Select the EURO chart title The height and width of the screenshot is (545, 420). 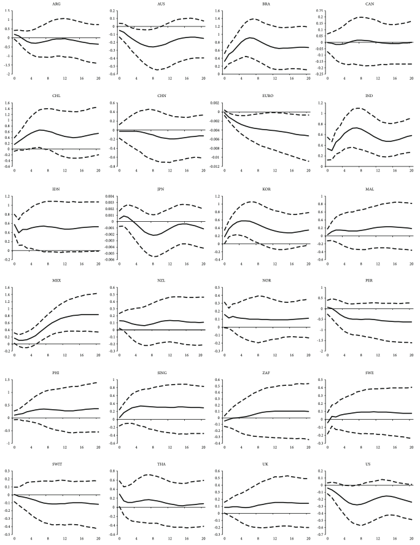[264, 95]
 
